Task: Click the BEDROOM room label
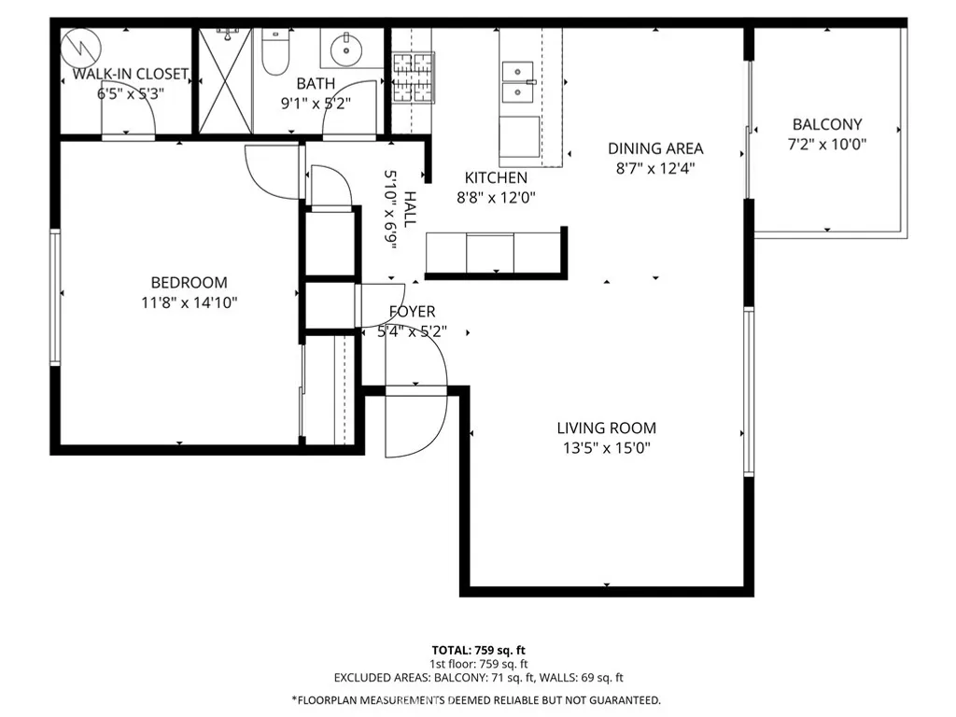(x=189, y=282)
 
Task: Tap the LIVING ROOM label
(x=607, y=428)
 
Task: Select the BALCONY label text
(x=827, y=124)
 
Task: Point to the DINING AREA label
(x=655, y=148)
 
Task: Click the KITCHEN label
(x=497, y=177)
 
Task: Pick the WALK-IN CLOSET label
(x=131, y=74)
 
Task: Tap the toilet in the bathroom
(x=275, y=51)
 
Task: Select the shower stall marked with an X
(x=226, y=80)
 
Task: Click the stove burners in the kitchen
(x=412, y=77)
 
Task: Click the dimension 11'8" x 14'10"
(x=189, y=302)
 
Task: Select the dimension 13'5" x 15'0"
(x=607, y=448)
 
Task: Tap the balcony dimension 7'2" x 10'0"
(x=827, y=145)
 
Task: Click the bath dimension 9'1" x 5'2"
(x=316, y=104)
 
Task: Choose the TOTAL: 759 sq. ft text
(x=479, y=651)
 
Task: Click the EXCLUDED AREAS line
(x=479, y=678)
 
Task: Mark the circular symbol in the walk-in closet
(x=81, y=48)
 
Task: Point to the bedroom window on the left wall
(x=55, y=297)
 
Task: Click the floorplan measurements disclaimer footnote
(x=476, y=700)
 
